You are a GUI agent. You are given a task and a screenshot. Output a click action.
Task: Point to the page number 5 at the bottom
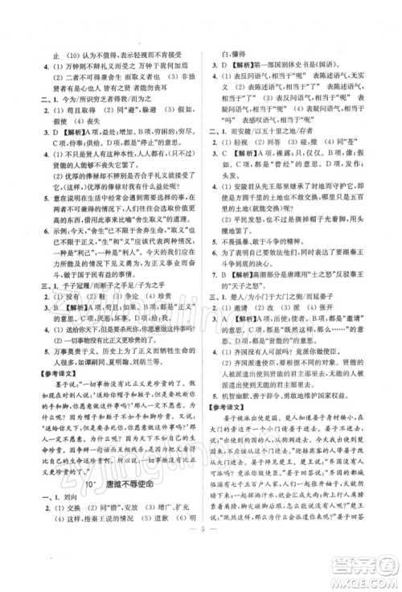(x=201, y=560)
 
